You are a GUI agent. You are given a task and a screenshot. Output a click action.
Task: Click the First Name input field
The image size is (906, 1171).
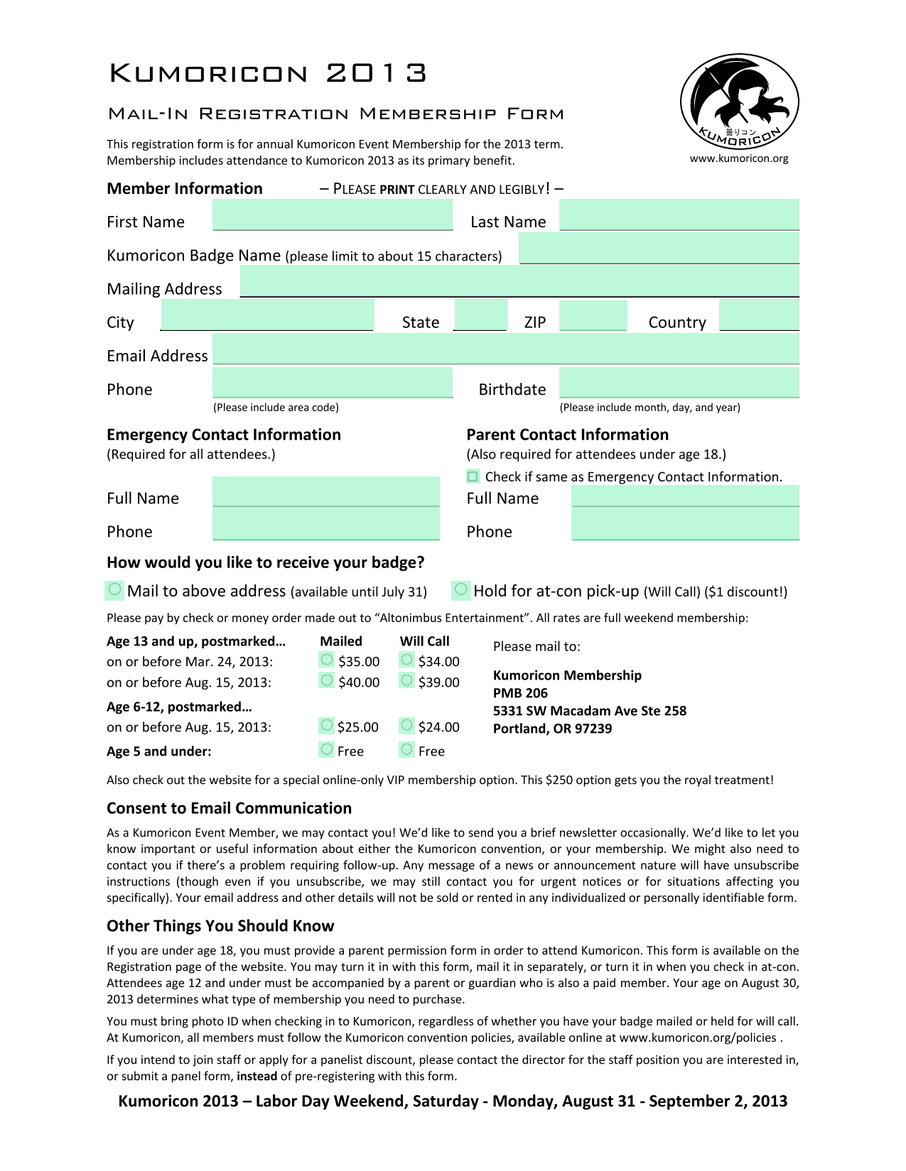(333, 214)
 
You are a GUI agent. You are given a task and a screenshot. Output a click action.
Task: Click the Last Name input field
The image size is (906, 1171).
(679, 214)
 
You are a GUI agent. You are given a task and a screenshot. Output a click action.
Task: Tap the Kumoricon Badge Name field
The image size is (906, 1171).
(659, 249)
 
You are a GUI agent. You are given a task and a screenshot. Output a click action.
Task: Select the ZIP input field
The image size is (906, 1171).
(593, 315)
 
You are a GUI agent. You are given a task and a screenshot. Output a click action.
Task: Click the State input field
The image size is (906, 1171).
(480, 315)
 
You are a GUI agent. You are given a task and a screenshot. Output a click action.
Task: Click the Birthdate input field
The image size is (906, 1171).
(679, 383)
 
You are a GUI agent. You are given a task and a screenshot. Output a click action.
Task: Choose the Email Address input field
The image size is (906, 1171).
(505, 349)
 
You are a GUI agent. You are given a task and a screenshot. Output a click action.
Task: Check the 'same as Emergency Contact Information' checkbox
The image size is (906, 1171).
(473, 476)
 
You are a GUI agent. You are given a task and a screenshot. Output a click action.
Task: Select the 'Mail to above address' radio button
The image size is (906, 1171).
(114, 589)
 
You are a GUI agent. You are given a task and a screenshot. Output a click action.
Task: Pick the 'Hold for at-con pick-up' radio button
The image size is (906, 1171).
(461, 589)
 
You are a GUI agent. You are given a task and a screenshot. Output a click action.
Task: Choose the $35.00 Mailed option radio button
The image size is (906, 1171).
(327, 660)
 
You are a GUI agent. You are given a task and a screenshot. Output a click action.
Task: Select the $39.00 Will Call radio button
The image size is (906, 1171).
(406, 680)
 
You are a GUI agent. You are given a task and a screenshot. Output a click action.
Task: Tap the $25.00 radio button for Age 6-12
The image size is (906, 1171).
(327, 725)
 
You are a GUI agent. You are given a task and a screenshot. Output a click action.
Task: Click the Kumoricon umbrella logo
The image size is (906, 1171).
(739, 102)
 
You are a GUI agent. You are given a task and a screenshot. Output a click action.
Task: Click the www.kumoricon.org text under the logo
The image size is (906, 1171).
(739, 158)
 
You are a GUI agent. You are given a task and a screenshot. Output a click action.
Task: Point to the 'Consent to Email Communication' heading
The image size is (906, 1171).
(229, 808)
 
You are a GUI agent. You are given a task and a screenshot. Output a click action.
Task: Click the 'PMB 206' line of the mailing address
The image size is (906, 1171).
(520, 693)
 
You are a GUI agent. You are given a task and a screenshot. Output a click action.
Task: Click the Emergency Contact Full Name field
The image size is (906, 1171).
(326, 491)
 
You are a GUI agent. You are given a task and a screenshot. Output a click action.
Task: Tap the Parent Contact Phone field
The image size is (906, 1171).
(685, 525)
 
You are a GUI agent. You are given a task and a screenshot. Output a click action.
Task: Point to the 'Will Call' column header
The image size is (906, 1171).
(424, 641)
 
